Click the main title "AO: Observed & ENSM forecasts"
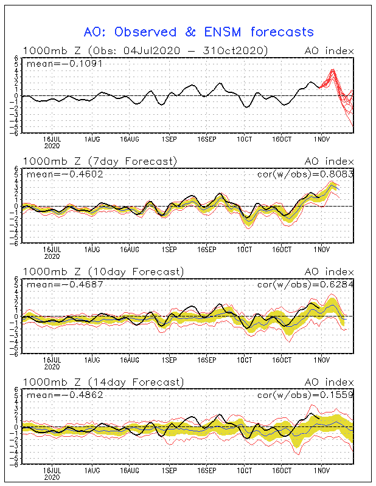(198, 32)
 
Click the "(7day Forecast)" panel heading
(132, 161)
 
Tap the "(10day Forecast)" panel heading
(134, 272)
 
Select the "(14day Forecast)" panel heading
(134, 382)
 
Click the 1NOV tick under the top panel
(321, 139)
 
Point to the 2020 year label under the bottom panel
(52, 477)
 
